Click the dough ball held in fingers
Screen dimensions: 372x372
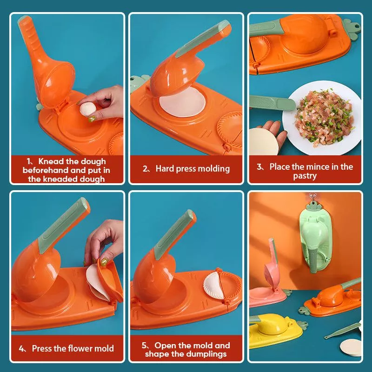pyautogui.click(x=87, y=110)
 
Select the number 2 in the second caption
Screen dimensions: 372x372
pyautogui.click(x=146, y=168)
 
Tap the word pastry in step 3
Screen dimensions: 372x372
pyautogui.click(x=305, y=176)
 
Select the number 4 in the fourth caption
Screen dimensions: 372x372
pyautogui.click(x=22, y=348)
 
